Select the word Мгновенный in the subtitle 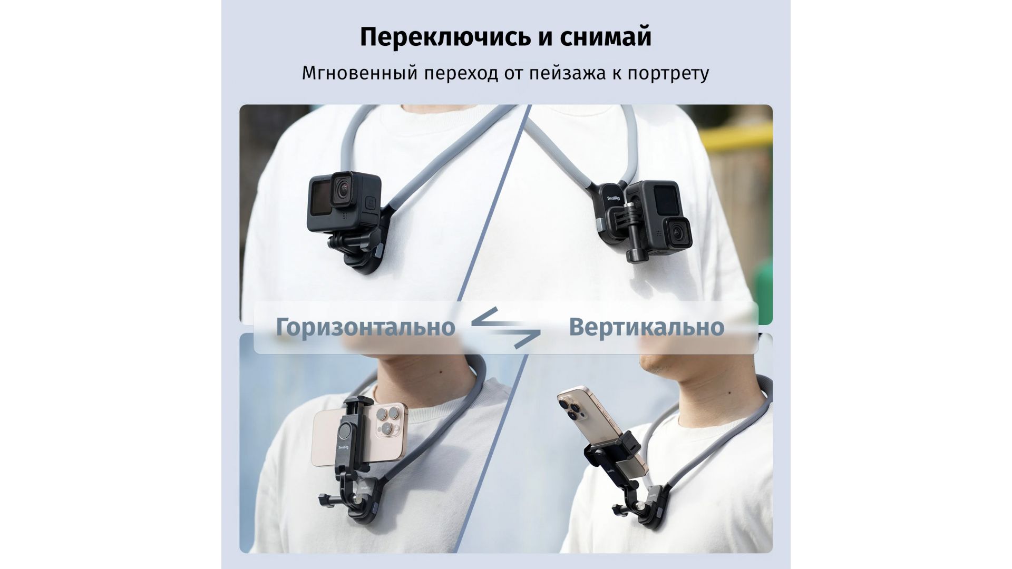[x=361, y=73]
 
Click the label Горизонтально [x=365, y=327]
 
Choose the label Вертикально [x=647, y=327]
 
